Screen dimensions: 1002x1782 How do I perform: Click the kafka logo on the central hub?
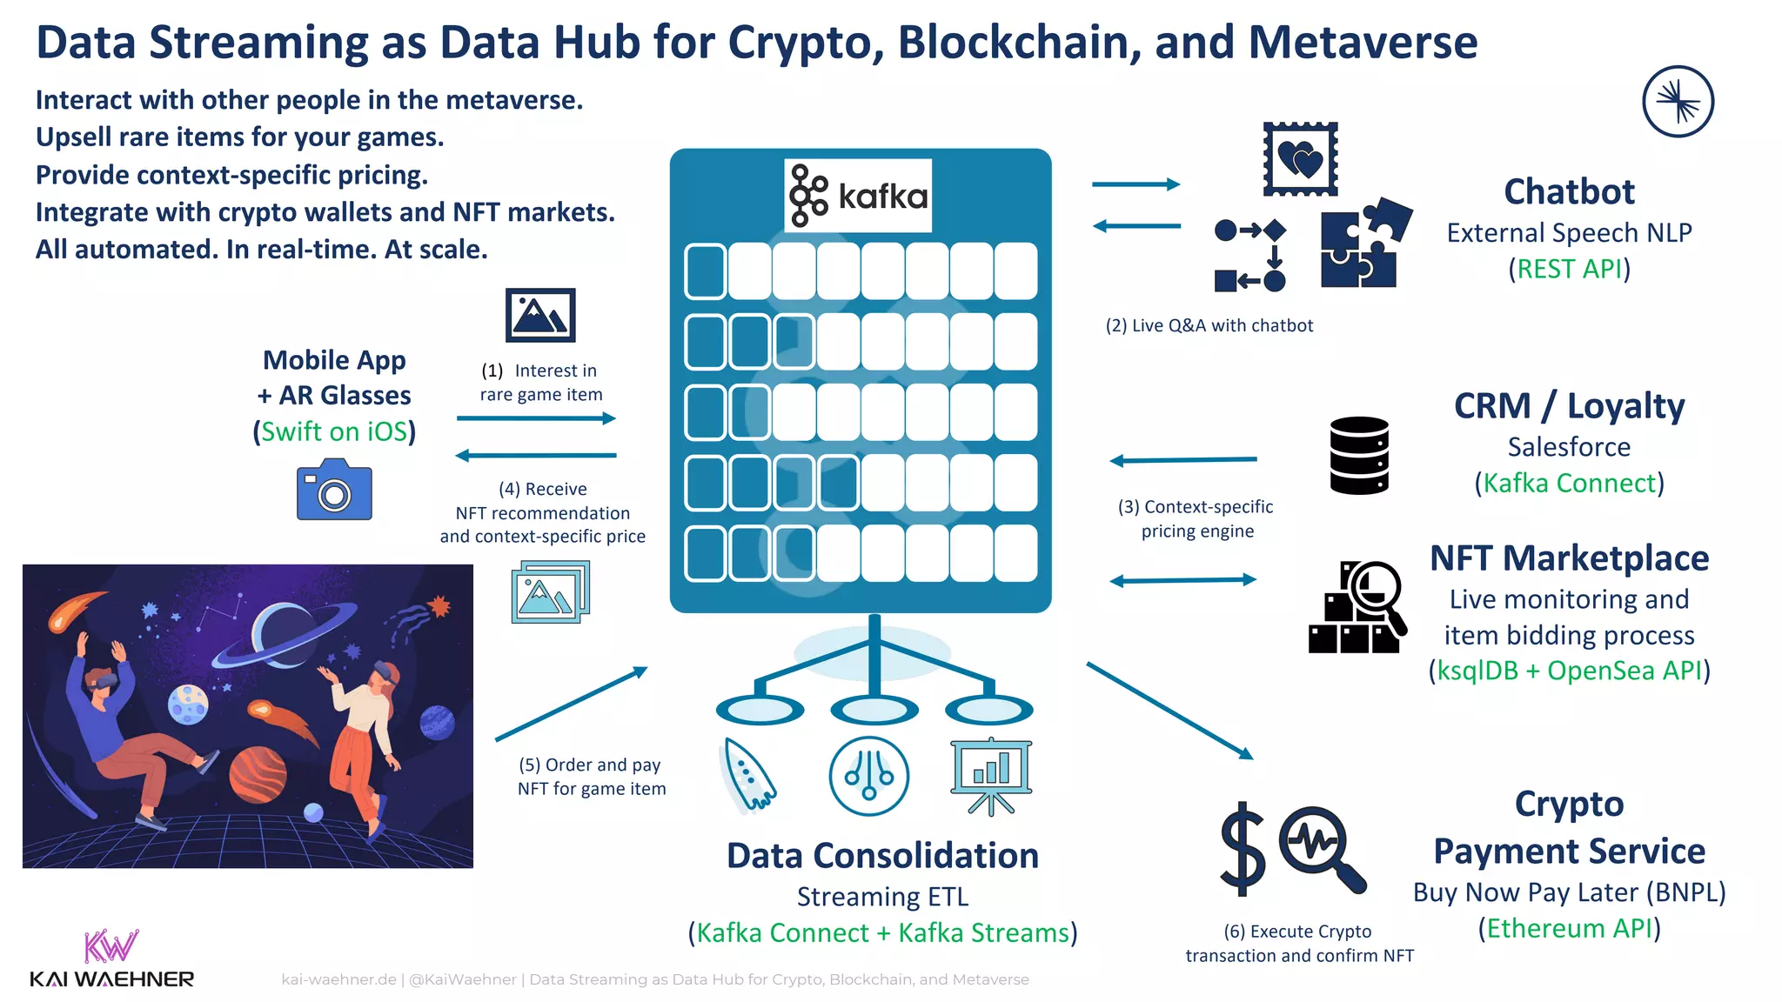[858, 196]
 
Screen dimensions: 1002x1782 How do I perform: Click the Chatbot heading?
[1569, 191]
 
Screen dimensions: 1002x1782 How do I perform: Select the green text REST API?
[1569, 269]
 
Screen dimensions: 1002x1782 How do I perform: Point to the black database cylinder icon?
[1359, 456]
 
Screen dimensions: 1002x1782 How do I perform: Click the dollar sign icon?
[1242, 849]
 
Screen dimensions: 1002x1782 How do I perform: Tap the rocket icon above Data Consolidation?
[748, 774]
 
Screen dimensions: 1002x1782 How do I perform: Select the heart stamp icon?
[1300, 159]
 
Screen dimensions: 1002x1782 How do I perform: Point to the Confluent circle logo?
[1678, 102]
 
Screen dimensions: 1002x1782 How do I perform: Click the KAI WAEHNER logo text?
[111, 979]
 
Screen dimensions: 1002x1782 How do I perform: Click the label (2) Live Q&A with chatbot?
[1209, 325]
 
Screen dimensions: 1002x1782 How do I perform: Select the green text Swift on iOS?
[334, 431]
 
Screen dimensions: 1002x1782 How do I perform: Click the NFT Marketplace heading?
[1569, 558]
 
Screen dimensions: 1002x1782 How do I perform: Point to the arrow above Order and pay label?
[572, 704]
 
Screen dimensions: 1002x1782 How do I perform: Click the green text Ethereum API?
[1569, 928]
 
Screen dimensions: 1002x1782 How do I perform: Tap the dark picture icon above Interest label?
[540, 315]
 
